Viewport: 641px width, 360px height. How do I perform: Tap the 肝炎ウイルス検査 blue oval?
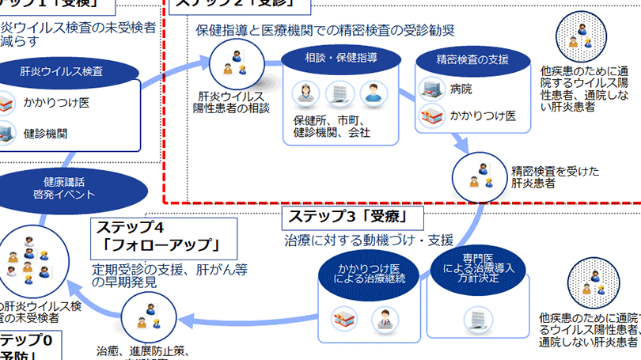[x=71, y=72]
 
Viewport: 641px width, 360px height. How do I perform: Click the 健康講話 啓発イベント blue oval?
[x=75, y=188]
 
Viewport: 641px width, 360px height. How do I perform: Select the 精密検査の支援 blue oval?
[x=472, y=59]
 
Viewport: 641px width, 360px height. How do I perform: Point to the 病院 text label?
[x=461, y=90]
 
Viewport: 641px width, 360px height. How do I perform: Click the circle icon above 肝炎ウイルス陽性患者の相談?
[x=235, y=62]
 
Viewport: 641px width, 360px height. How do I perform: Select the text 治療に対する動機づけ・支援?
[x=369, y=240]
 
